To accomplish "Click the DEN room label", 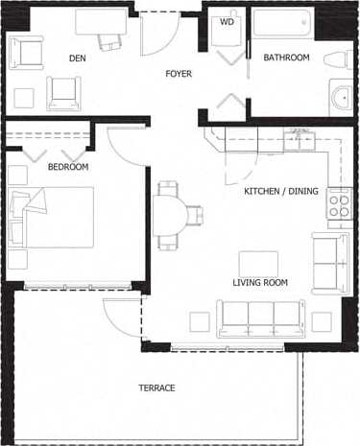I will tap(78, 59).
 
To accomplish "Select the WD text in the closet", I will tap(227, 21).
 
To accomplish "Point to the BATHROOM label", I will tap(287, 59).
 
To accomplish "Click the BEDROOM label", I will tap(68, 167).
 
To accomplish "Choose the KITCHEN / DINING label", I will tap(280, 192).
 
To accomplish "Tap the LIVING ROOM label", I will tap(260, 283).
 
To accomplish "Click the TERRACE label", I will tap(156, 387).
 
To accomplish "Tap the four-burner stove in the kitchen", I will tap(339, 203).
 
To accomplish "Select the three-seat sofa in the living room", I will tap(260, 317).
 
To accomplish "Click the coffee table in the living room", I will tap(258, 263).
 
